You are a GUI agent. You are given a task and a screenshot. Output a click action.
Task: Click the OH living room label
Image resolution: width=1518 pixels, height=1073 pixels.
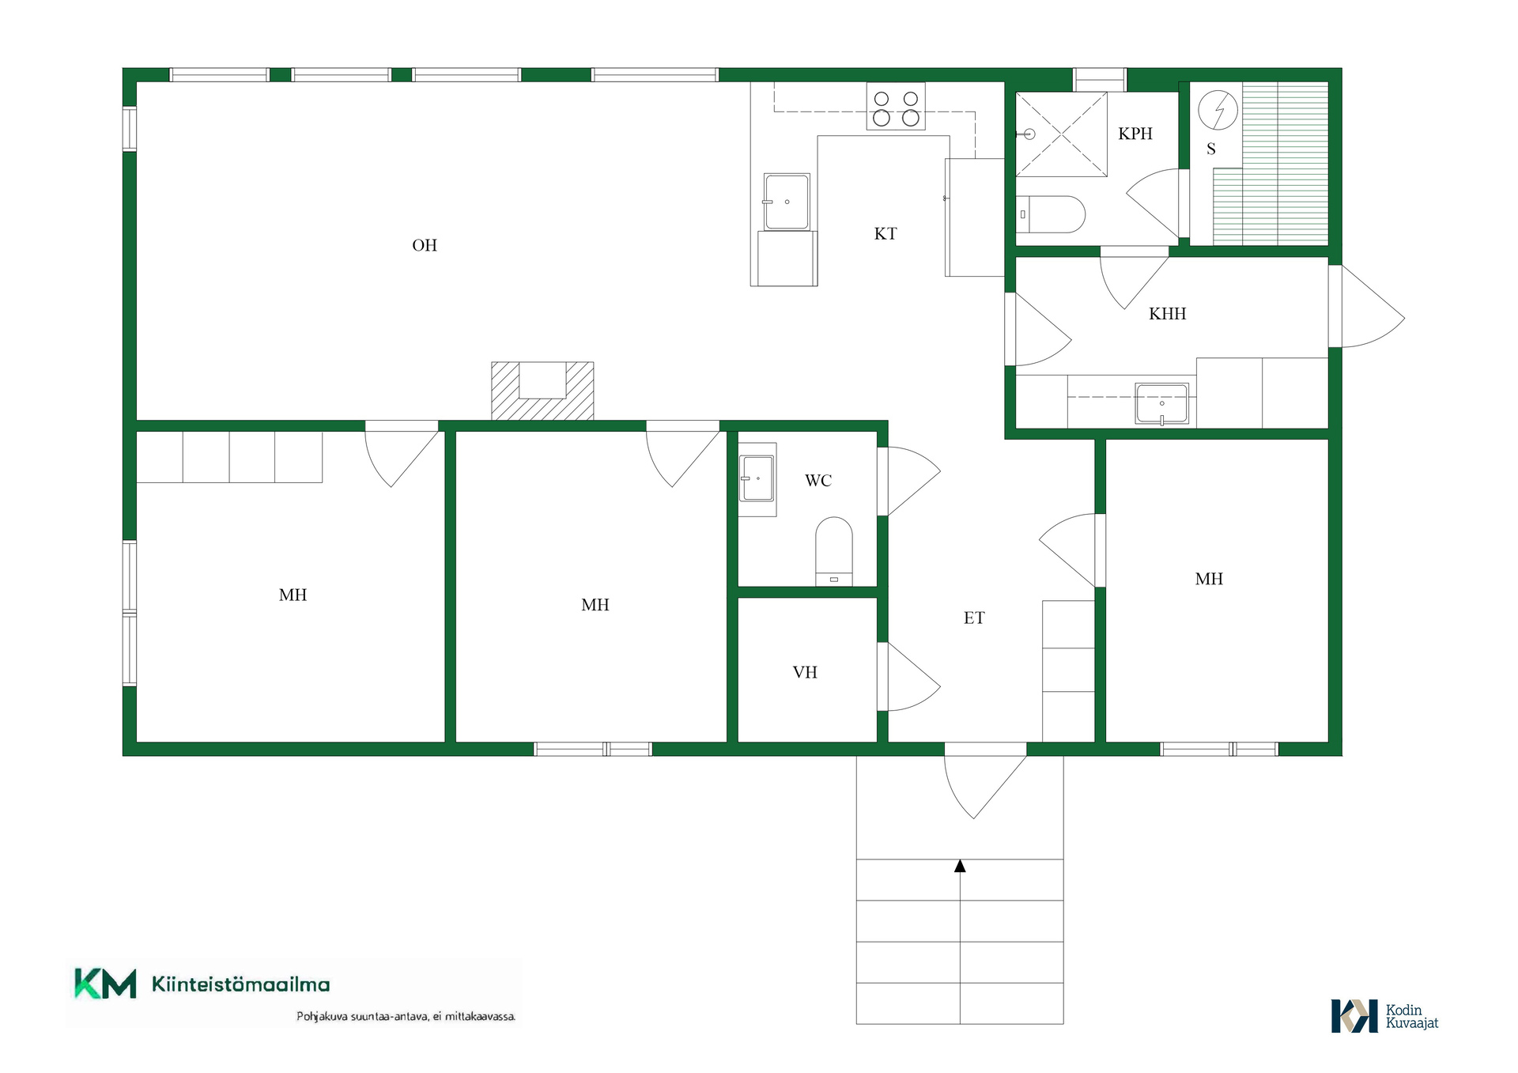(x=425, y=245)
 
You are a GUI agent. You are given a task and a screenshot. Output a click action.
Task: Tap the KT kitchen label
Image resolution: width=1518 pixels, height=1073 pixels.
(x=885, y=233)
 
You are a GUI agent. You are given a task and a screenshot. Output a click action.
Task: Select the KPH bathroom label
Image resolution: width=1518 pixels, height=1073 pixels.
(x=1135, y=134)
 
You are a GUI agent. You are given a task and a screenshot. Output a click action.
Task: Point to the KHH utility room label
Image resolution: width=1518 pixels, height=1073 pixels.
(x=1168, y=314)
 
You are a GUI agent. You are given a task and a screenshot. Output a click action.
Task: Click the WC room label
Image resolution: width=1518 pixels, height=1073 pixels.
(x=818, y=481)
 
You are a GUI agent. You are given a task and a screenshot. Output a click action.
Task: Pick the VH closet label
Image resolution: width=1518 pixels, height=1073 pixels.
(x=805, y=672)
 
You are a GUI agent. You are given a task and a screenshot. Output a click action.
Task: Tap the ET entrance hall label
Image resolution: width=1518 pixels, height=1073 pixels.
(x=974, y=618)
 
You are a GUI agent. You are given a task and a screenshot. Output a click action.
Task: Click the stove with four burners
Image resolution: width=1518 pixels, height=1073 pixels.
(x=896, y=107)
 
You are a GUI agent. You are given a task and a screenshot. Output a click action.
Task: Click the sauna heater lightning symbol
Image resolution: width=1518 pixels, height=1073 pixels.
(x=1218, y=110)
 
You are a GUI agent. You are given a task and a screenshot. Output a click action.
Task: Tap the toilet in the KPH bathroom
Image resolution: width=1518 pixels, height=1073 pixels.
(x=1050, y=214)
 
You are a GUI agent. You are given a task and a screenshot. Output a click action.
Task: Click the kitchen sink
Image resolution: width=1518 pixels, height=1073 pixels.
(x=787, y=202)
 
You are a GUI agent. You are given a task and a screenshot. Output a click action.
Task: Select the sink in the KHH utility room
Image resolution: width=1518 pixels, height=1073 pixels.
(x=1161, y=404)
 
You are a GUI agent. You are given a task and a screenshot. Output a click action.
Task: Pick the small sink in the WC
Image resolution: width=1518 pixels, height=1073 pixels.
(x=757, y=478)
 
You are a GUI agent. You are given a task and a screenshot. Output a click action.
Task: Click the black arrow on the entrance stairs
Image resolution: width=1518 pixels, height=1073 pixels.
(x=960, y=866)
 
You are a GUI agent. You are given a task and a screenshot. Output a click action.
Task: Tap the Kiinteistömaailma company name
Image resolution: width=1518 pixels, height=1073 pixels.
(x=241, y=984)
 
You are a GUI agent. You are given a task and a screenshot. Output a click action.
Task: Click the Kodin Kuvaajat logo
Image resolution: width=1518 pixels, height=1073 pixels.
(x=1384, y=1016)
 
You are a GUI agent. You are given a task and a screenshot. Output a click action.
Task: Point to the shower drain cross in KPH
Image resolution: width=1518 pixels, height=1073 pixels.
(x=1061, y=134)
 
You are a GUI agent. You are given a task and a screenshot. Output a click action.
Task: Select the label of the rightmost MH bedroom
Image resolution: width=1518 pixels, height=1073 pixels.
(x=1209, y=579)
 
